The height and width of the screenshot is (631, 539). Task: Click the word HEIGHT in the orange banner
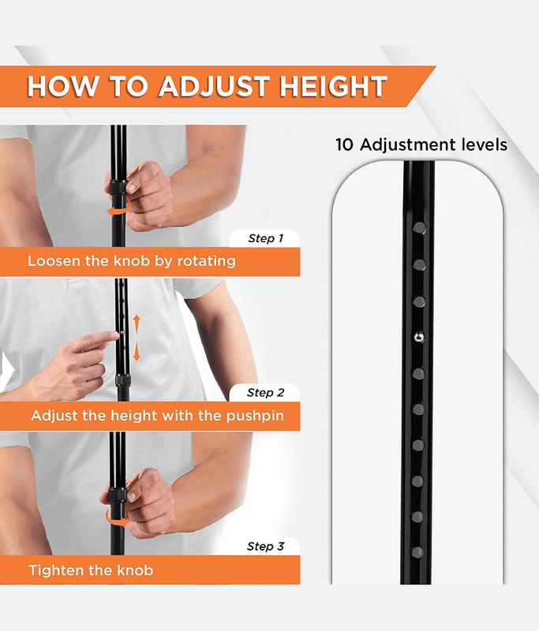coord(333,87)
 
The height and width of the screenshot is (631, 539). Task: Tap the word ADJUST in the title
coord(214,87)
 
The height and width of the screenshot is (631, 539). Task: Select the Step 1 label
coord(266,238)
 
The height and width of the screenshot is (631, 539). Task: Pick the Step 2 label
coord(266,392)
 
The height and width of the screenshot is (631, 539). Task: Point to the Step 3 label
coord(266,547)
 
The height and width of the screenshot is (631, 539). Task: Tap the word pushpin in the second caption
coord(255,416)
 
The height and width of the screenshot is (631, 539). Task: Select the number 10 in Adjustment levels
coord(344,145)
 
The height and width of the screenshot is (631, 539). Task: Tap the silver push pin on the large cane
coord(419,337)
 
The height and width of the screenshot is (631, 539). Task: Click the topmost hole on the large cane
coord(420,228)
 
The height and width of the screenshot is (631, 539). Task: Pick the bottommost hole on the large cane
coord(417,552)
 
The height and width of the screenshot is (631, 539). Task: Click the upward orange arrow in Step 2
coord(137,324)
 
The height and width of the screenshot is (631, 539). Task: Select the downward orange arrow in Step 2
coord(137,351)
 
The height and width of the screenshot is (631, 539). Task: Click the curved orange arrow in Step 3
coord(116,520)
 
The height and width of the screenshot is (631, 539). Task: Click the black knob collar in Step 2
coord(123,380)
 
